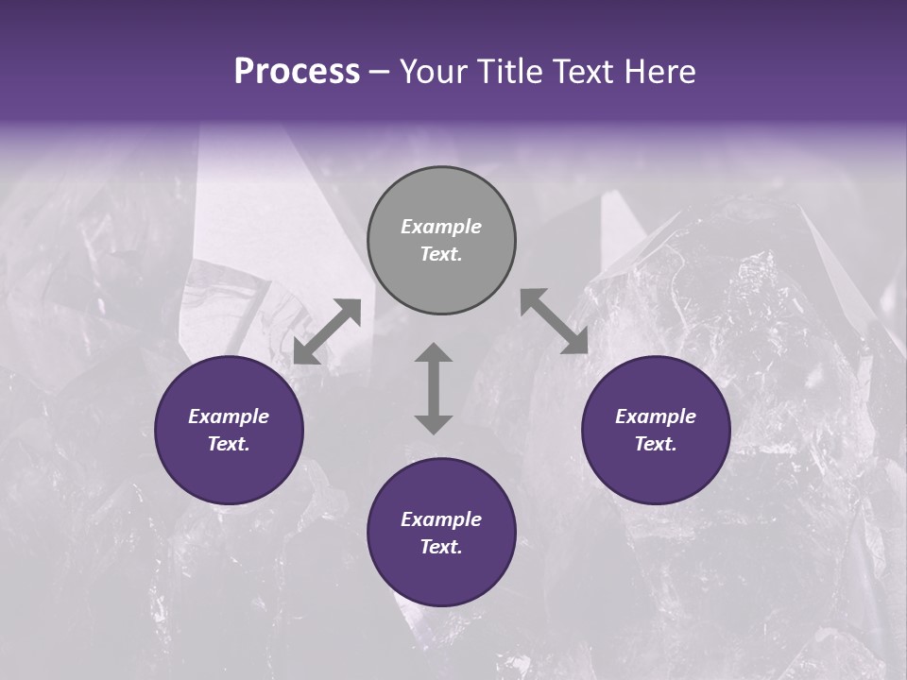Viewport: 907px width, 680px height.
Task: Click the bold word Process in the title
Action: coord(297,72)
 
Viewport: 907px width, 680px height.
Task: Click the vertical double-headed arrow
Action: coord(434,388)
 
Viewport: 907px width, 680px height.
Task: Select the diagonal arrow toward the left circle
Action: coord(327,331)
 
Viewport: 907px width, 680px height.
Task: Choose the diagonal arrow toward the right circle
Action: coord(554,322)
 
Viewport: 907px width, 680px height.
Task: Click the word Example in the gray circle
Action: coord(441,227)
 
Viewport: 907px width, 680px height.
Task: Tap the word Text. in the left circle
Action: coord(229,444)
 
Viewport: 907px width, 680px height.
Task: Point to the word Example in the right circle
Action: coord(656,416)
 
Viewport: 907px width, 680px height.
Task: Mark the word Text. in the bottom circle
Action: coord(441,547)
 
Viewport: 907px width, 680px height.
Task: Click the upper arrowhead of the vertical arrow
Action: coord(434,353)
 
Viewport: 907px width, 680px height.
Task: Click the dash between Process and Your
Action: coord(380,72)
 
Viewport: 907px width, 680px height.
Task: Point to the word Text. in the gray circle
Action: coord(441,254)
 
